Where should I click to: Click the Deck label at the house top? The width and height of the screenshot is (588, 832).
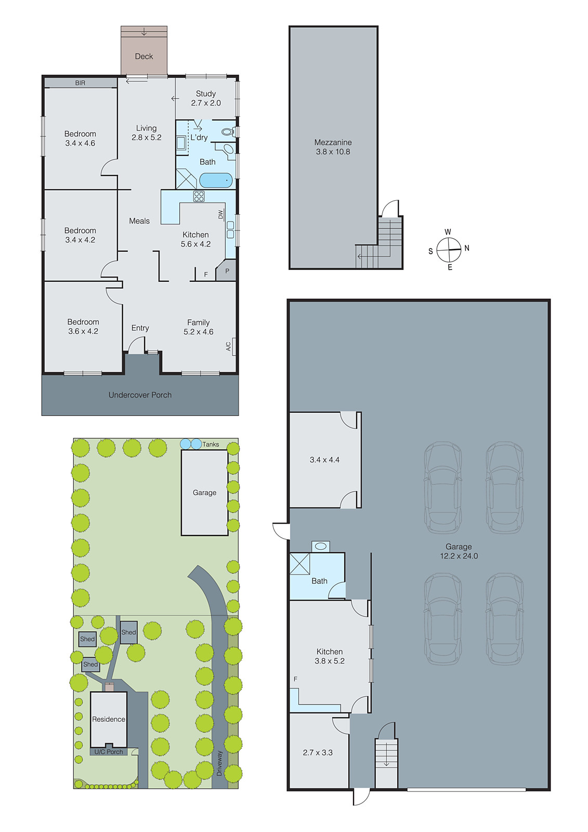click(144, 56)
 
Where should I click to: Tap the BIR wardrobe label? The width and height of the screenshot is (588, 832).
click(80, 83)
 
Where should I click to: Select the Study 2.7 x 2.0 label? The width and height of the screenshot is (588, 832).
click(206, 98)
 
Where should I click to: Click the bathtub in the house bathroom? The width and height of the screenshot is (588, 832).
click(216, 180)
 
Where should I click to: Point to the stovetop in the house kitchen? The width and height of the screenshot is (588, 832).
click(199, 196)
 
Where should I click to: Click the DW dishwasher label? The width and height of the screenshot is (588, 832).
click(220, 214)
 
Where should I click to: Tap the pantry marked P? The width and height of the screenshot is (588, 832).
click(227, 271)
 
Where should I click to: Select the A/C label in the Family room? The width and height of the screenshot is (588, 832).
click(228, 346)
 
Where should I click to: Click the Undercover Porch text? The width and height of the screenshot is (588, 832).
click(140, 395)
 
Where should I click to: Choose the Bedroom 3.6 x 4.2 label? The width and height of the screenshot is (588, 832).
click(83, 327)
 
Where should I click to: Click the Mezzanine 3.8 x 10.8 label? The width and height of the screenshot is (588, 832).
click(333, 147)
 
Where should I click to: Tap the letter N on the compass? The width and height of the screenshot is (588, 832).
click(467, 248)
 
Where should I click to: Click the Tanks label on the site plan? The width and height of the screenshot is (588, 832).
click(211, 444)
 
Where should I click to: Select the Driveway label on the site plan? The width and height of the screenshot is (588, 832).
click(219, 763)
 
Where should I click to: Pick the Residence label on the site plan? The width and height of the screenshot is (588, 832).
click(109, 719)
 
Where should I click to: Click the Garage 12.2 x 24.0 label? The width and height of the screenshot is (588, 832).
click(459, 551)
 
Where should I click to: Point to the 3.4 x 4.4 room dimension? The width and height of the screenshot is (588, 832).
click(324, 460)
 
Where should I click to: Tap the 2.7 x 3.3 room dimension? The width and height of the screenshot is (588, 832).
click(318, 752)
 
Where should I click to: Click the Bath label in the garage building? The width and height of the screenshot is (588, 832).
click(319, 581)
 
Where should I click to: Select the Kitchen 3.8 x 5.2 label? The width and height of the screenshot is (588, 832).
click(330, 656)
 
